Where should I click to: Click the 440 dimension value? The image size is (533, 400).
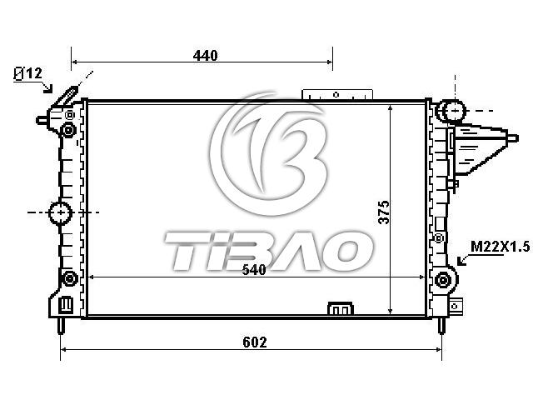[x=205, y=56]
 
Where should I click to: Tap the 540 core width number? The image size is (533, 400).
[x=253, y=270]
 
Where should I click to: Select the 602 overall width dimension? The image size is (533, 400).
[x=255, y=342]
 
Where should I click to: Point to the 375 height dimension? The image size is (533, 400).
[x=384, y=212]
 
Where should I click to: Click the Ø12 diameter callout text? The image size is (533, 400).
[x=27, y=73]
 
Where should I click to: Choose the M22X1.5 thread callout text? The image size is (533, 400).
[x=501, y=247]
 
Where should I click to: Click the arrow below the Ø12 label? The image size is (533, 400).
[x=48, y=87]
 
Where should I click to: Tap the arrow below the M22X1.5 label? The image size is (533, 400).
[x=463, y=260]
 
